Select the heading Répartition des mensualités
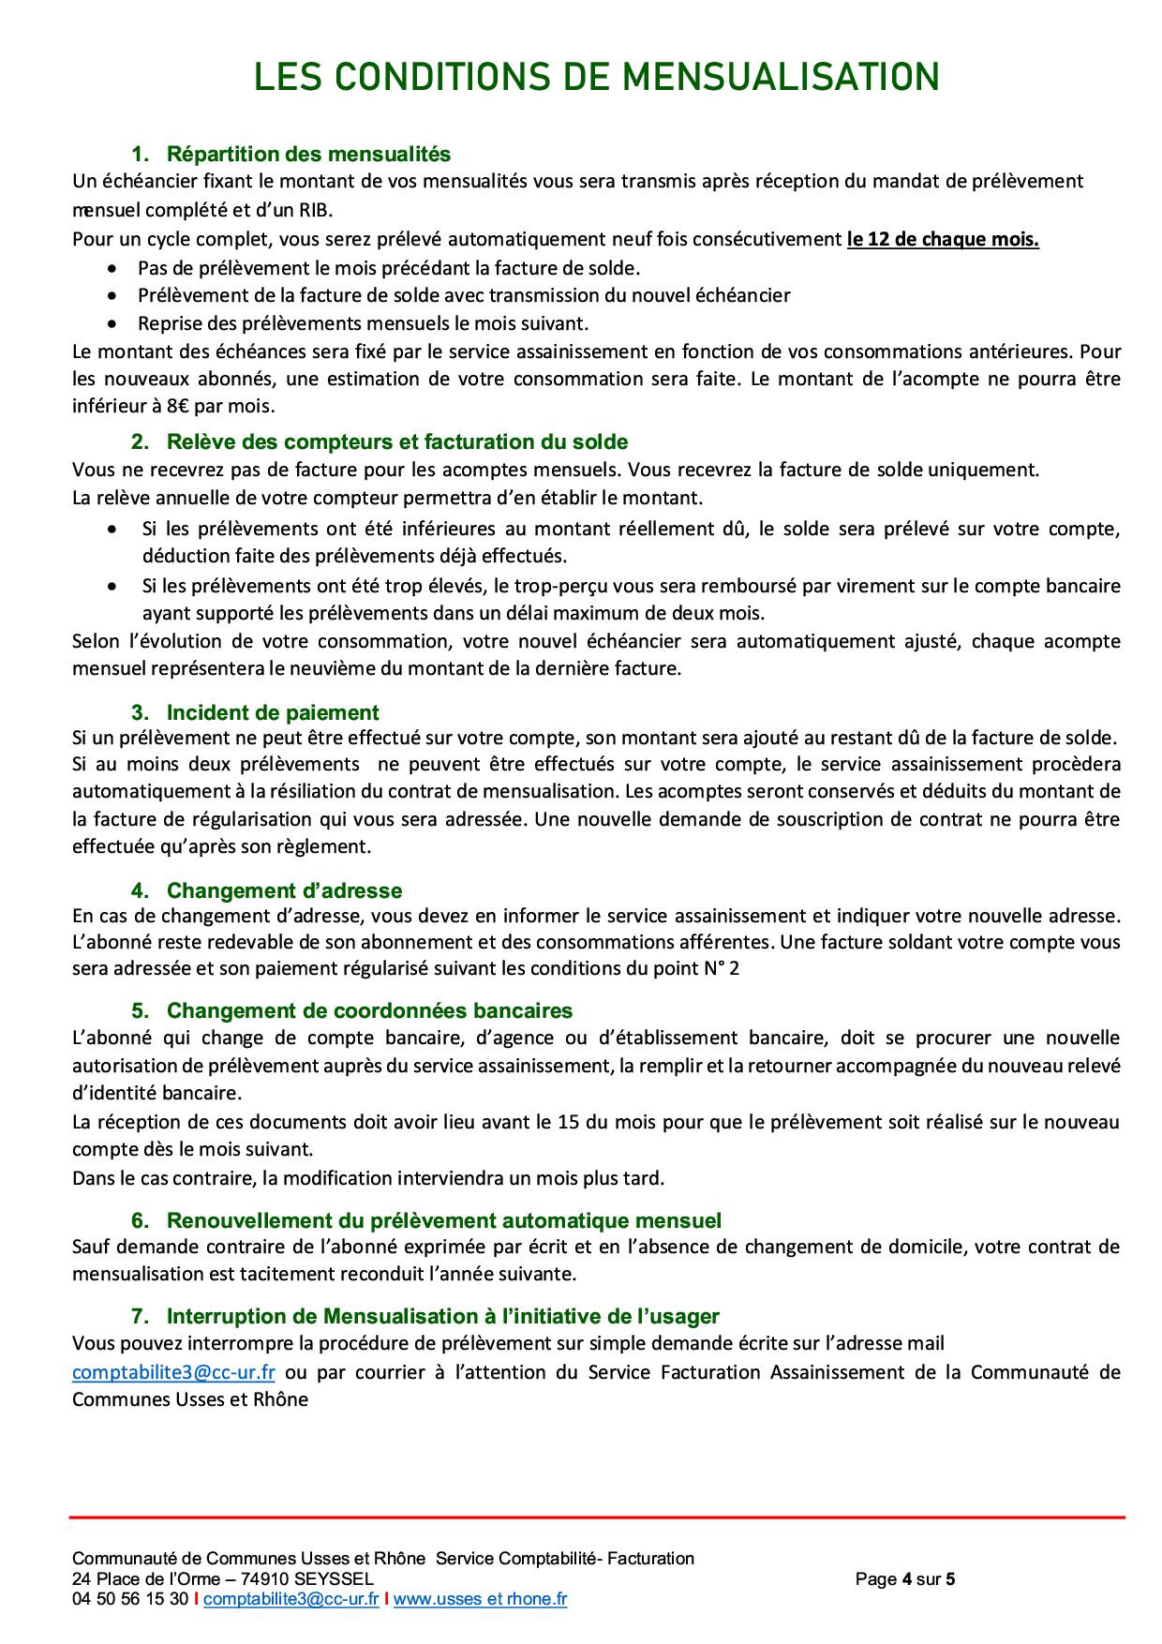[x=308, y=154]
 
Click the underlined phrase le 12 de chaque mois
[x=943, y=239]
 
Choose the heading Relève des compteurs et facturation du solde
[x=397, y=441]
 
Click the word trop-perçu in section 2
[x=529, y=586]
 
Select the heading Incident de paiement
[x=273, y=712]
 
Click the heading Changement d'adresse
[x=284, y=890]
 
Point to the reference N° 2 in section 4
[x=722, y=969]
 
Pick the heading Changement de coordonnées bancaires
[x=369, y=1010]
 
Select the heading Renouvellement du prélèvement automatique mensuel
[x=444, y=1220]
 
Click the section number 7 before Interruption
[x=138, y=1316]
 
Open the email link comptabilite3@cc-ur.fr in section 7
[x=173, y=1372]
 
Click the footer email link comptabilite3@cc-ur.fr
[x=290, y=1599]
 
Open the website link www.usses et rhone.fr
[x=480, y=1599]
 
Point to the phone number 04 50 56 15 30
[x=130, y=1599]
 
